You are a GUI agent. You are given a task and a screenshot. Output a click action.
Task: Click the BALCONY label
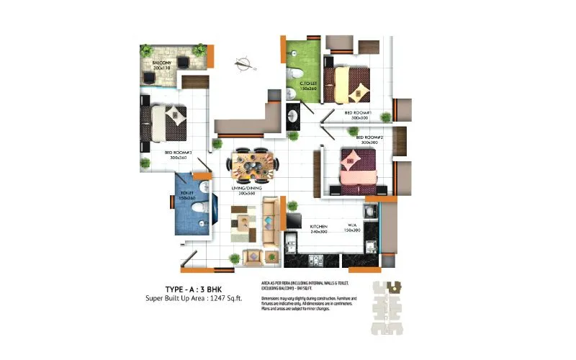[161, 63]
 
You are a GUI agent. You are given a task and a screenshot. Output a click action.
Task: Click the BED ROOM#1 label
[357, 113]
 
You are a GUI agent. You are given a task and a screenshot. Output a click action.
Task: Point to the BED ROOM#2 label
[369, 137]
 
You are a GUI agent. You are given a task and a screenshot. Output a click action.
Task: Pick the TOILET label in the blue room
[188, 193]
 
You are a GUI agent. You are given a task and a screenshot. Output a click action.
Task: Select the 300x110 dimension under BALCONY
[161, 70]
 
